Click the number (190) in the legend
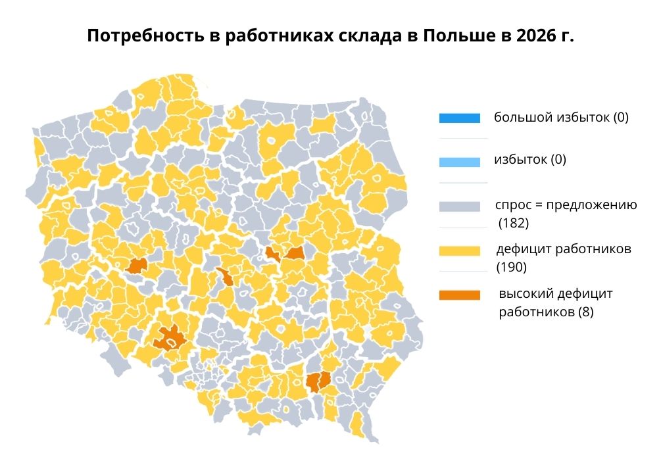tap(512, 268)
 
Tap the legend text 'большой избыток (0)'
tap(562, 118)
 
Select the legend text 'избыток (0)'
tap(529, 160)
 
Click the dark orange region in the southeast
tap(318, 381)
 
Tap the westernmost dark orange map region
tap(137, 266)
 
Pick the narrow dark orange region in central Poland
tap(225, 277)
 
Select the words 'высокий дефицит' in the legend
tap(555, 294)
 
